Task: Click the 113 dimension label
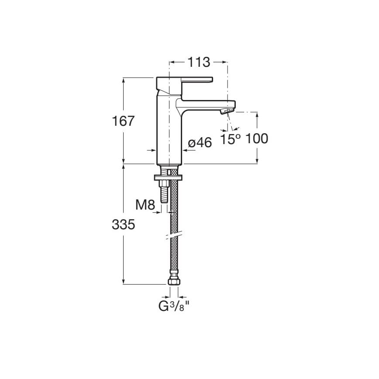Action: pos(199,62)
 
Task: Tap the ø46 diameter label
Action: pos(200,143)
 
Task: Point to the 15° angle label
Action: pos(230,139)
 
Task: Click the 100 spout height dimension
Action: pos(257,139)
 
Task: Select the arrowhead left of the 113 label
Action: pos(172,62)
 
